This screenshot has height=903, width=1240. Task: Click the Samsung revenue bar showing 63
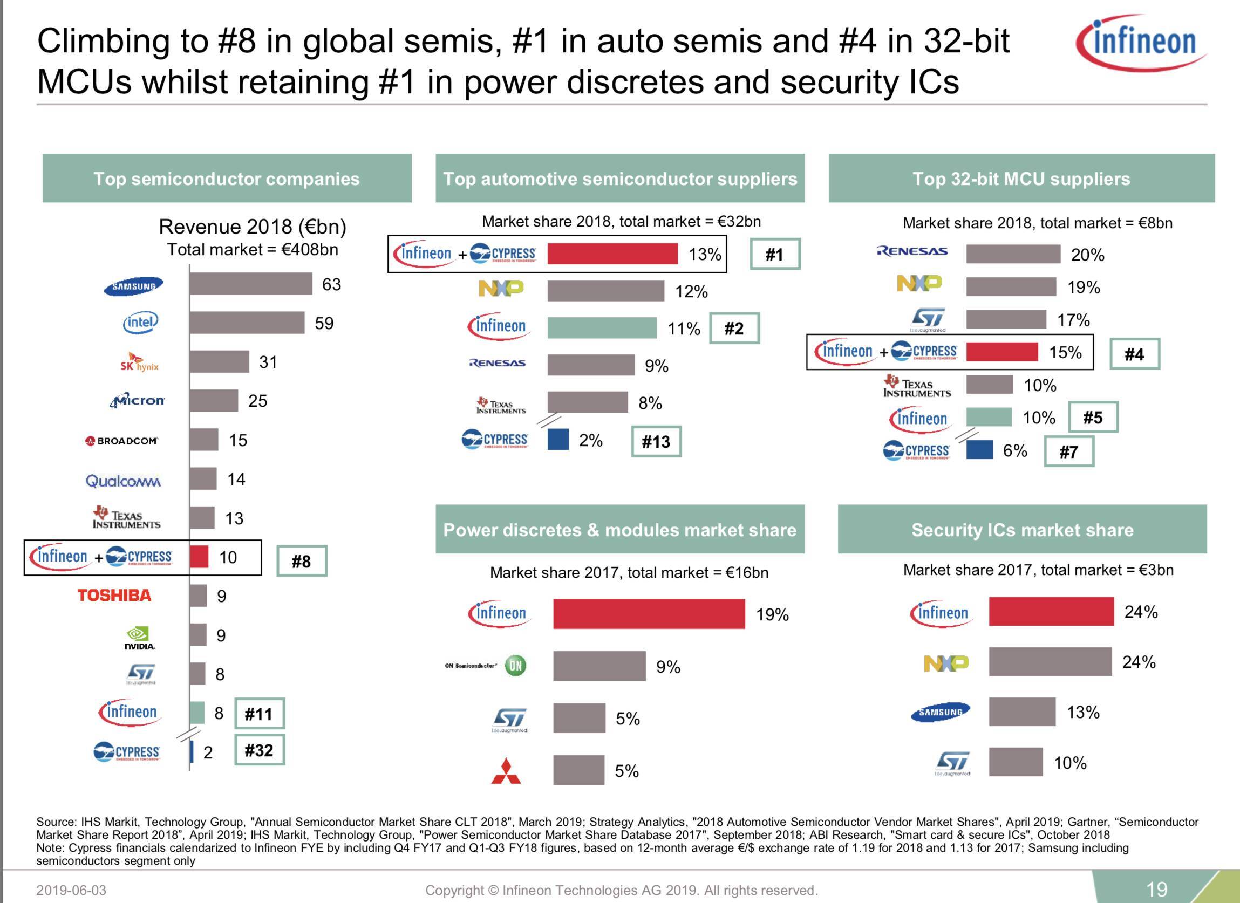coord(251,284)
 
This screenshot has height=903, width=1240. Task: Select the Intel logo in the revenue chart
coord(140,323)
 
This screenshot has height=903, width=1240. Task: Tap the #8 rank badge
coord(301,561)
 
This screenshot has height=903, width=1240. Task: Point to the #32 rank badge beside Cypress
coord(259,750)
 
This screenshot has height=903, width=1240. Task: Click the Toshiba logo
coord(114,596)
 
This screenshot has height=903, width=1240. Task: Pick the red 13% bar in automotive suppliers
coord(612,254)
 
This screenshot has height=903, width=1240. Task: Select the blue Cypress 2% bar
coord(557,440)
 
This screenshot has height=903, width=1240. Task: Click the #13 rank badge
coord(656,442)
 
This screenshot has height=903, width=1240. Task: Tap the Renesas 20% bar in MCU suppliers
coord(1013,254)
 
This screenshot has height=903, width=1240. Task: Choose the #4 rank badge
coord(1134,354)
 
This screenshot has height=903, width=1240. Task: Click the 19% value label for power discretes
coord(772,614)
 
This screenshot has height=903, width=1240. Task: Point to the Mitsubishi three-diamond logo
coord(506,771)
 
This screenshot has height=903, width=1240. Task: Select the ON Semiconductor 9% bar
coord(599,666)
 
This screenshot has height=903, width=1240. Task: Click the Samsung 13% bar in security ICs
coord(1022,712)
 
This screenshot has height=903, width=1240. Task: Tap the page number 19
coord(1156,890)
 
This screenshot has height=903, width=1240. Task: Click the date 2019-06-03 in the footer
coord(71,891)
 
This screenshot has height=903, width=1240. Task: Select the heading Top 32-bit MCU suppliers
coord(1021,179)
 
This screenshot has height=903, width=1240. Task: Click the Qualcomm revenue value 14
coord(236,480)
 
